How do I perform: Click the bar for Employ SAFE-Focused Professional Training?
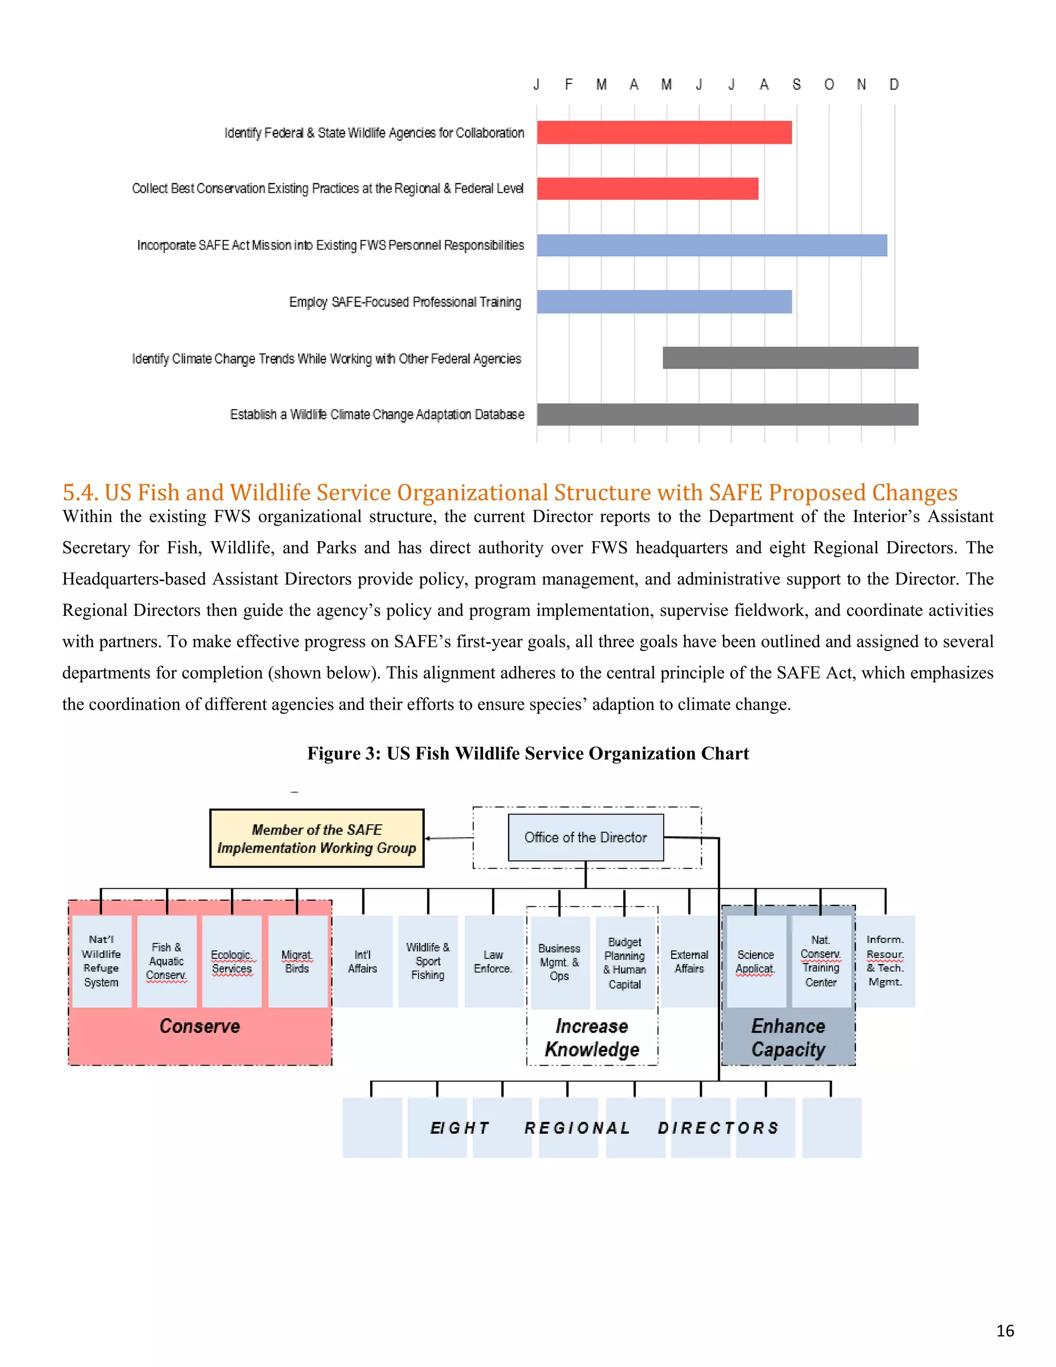coord(664,302)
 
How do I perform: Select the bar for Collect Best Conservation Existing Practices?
coord(648,188)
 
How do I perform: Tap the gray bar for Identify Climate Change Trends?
coord(790,358)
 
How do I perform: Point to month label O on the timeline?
coord(829,85)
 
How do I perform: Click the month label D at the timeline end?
coord(894,85)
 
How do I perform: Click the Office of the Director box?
coord(586,837)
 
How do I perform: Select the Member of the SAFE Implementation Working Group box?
coord(317,839)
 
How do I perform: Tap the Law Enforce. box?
coord(493,962)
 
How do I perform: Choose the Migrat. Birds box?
coord(297,962)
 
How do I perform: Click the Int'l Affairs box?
coord(363,962)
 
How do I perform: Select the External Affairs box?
coord(689,962)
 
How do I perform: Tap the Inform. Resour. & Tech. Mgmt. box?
coord(885,961)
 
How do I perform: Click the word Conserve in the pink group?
coord(200,1027)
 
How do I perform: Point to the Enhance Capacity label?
coord(788,1038)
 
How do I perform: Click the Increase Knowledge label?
coord(592,1038)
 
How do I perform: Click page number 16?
coord(1005,1331)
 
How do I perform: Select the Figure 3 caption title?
coord(528,754)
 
